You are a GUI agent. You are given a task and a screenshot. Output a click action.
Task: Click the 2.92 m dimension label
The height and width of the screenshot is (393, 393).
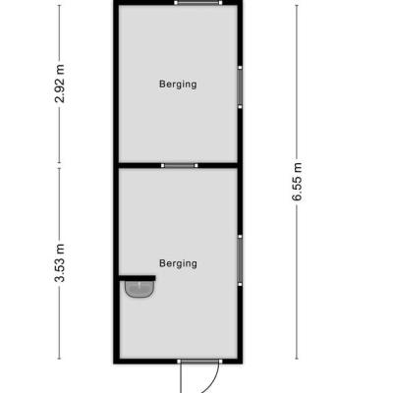click(x=60, y=84)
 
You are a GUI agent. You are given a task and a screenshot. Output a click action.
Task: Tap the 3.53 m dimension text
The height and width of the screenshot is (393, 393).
click(x=60, y=263)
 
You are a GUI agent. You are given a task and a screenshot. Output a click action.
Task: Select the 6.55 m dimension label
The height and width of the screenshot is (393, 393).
click(x=298, y=182)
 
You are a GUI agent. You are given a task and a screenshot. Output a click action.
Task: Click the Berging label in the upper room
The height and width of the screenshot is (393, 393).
click(x=178, y=84)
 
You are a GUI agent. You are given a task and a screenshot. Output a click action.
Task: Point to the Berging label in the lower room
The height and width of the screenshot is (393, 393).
click(x=178, y=263)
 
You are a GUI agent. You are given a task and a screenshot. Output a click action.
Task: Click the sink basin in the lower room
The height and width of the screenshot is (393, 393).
click(x=140, y=289)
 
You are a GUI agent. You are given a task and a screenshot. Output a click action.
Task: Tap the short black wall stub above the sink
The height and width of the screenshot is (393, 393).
click(x=137, y=278)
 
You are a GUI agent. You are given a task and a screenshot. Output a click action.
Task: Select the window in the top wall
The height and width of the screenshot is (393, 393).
click(x=198, y=3)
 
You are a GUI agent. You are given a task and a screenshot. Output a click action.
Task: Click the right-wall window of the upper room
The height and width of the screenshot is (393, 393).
click(x=240, y=87)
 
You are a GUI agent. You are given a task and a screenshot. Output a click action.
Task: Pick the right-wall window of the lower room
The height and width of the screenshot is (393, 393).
click(x=240, y=260)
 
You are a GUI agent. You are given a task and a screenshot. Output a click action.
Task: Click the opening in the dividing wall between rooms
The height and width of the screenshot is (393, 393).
click(x=180, y=166)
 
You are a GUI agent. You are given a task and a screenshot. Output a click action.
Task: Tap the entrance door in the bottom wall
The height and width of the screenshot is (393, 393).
click(x=199, y=362)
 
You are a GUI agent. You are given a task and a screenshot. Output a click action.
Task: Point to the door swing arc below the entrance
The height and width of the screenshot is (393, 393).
click(x=212, y=381)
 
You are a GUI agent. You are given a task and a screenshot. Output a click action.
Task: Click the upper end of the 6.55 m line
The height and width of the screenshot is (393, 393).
click(x=297, y=5)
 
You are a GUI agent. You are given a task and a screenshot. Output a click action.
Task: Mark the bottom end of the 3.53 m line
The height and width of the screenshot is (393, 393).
click(x=59, y=359)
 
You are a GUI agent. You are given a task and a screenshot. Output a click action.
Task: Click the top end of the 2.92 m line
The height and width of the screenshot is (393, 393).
click(x=59, y=5)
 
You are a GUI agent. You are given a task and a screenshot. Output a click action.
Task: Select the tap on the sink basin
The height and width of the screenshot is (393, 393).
click(x=140, y=284)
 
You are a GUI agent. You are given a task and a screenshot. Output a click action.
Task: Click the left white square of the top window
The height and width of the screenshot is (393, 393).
click(x=176, y=3)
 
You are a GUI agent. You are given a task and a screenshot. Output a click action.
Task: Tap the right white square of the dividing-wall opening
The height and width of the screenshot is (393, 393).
click(x=196, y=166)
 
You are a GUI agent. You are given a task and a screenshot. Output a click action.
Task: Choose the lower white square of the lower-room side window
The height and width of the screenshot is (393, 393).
click(x=240, y=284)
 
